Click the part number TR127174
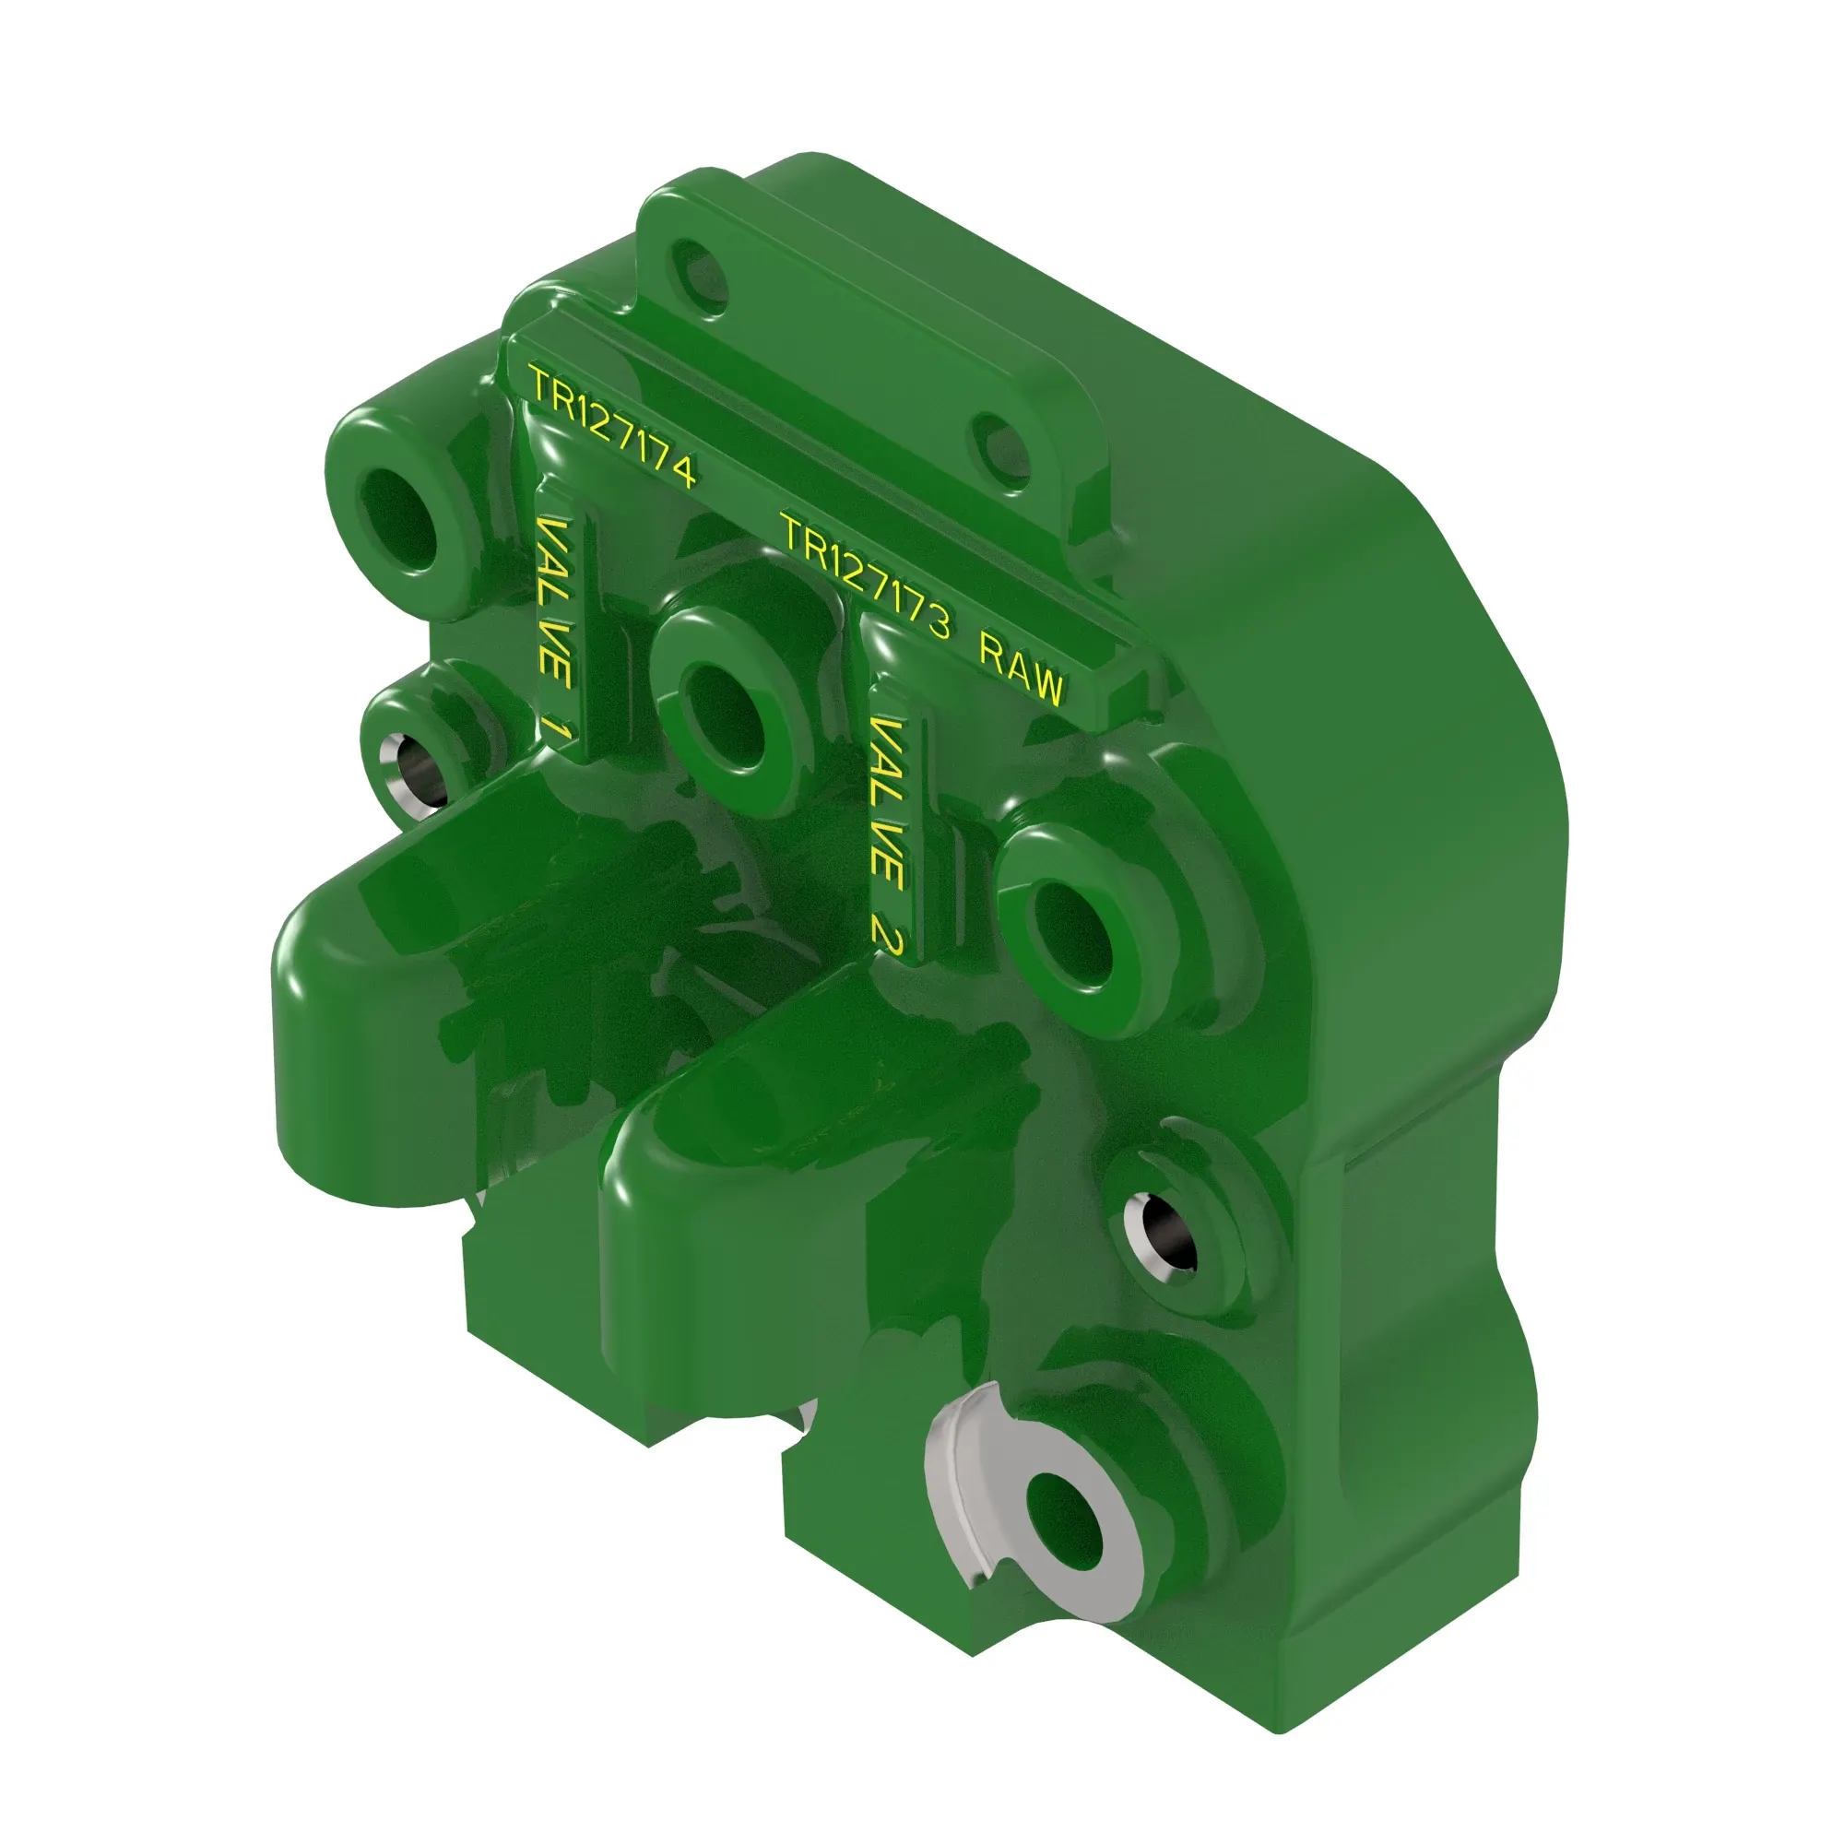613,427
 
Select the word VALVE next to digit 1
553,602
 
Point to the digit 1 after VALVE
557,732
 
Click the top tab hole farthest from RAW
700,268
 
